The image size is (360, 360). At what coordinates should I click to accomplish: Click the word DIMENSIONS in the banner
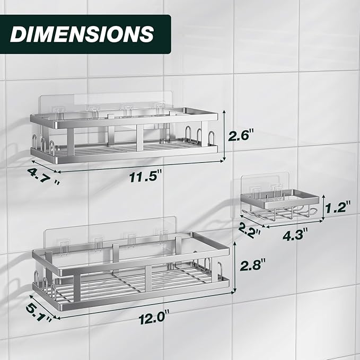pos(82,34)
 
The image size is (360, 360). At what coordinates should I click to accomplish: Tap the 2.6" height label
pos(241,135)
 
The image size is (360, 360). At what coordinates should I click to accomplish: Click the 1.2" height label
pos(338,207)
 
